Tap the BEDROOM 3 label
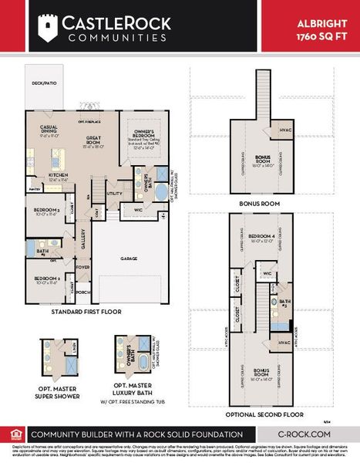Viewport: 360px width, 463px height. (47, 211)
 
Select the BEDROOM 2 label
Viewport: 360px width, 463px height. (47, 280)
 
